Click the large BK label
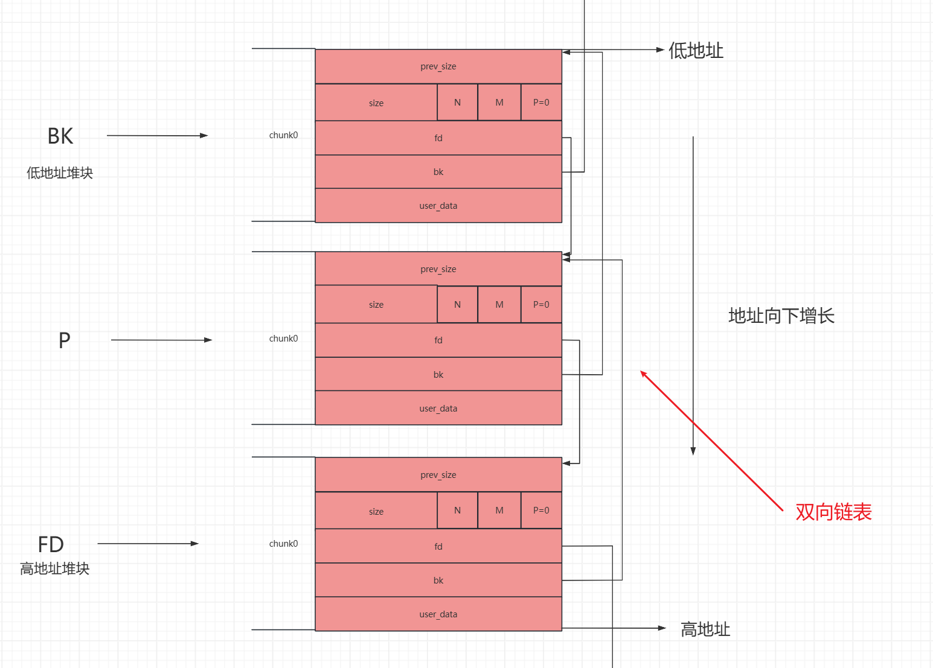(60, 136)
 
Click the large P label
(65, 340)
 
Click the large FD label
(51, 544)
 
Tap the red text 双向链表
(833, 512)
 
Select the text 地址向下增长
(781, 316)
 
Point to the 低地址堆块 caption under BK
(60, 173)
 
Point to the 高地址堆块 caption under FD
(54, 568)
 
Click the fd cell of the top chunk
(438, 138)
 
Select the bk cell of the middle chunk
(438, 374)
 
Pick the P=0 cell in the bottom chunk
(541, 511)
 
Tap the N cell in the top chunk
(457, 103)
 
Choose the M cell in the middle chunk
(499, 305)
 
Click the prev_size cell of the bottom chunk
(438, 475)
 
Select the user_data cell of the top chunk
(438, 206)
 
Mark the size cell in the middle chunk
(376, 305)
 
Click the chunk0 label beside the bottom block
(283, 544)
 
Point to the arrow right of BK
(158, 135)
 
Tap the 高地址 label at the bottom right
(705, 629)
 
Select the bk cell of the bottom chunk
(438, 580)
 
